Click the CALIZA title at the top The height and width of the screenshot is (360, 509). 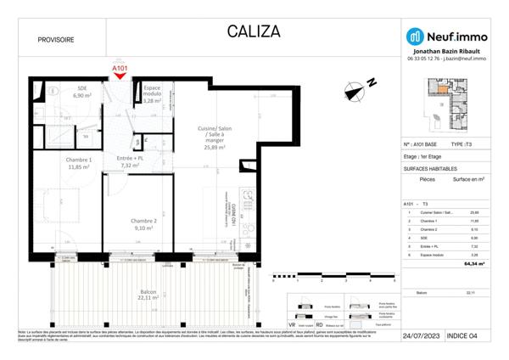pos(253,32)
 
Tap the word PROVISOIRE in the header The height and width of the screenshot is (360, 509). pos(56,40)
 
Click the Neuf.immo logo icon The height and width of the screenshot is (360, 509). pos(415,36)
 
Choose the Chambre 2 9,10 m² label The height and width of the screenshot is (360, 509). pos(136,223)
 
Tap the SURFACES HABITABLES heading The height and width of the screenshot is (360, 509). pos(432,169)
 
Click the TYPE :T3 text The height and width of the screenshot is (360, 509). pos(467,145)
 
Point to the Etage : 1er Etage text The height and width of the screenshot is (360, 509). pos(424,157)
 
